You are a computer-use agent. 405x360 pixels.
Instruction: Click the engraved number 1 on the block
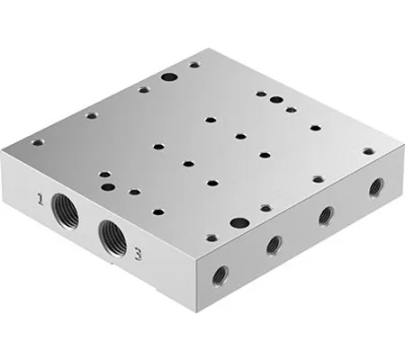[39, 196]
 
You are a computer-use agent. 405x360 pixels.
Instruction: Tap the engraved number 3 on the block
[137, 253]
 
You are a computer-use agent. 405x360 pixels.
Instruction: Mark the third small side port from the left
[327, 215]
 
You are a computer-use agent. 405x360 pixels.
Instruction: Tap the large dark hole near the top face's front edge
[238, 222]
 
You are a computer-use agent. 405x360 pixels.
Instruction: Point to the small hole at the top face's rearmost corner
[193, 66]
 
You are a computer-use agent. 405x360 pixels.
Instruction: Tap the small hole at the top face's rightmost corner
[367, 153]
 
